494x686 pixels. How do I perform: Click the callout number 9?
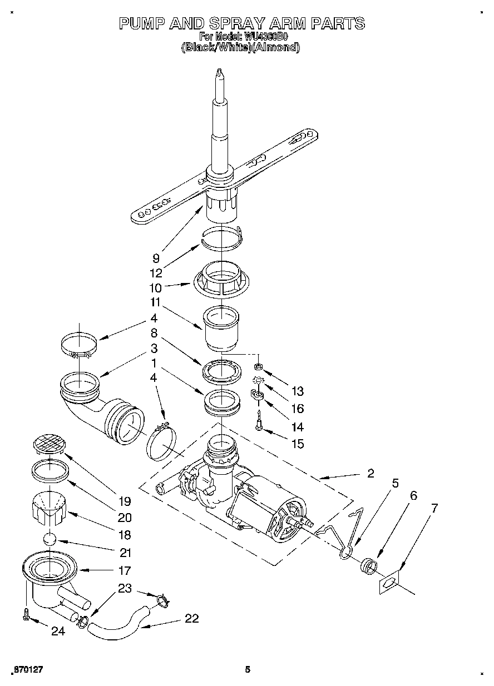click(x=156, y=258)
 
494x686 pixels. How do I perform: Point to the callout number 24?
click(x=58, y=631)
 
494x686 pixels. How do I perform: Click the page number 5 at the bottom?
click(x=248, y=669)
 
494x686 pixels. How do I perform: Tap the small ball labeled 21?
click(x=50, y=539)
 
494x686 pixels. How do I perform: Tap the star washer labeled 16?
click(x=258, y=380)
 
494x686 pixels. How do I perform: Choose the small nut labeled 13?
click(x=258, y=366)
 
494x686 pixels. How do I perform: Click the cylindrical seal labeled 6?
click(x=368, y=567)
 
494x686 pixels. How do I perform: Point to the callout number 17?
click(x=125, y=570)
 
